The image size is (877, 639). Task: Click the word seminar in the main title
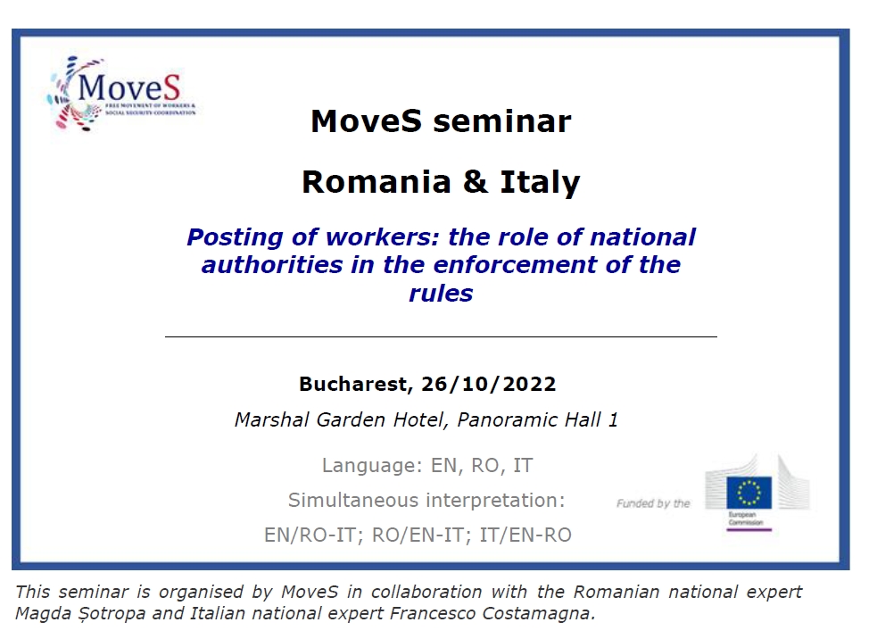pos(502,121)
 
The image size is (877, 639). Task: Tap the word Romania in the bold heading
pos(376,182)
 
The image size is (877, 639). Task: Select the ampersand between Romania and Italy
pos(476,182)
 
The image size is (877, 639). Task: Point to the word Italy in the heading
pos(540,183)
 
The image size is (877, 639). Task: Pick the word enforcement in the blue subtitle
pos(515,265)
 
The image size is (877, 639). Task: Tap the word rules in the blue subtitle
pos(441,294)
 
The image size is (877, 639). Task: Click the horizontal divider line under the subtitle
pos(441,336)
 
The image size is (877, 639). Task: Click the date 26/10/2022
pos(489,385)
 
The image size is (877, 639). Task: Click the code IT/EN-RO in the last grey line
pos(525,535)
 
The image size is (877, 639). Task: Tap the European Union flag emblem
pos(749,493)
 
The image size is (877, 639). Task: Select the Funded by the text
pos(653,503)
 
